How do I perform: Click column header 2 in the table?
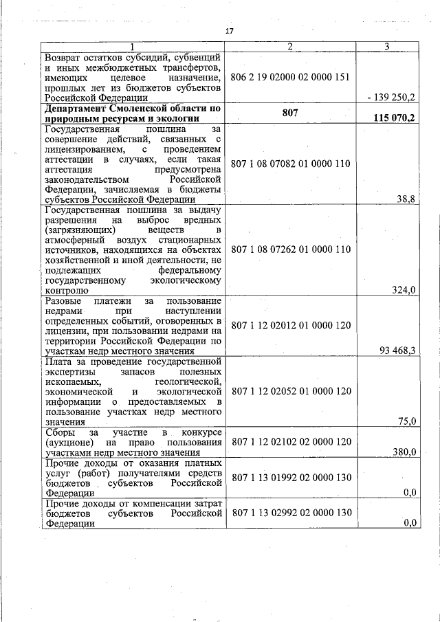291,46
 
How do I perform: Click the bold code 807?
291,111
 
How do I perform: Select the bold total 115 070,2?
394,118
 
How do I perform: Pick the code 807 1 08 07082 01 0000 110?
291,164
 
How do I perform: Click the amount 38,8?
406,199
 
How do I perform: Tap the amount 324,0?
404,291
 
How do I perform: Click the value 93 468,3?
397,351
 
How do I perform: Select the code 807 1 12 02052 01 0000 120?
291,390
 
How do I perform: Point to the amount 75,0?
406,421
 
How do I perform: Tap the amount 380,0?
404,452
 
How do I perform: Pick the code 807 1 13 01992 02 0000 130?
291,478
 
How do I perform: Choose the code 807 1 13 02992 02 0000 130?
291,513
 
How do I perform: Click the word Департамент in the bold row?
76,108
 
